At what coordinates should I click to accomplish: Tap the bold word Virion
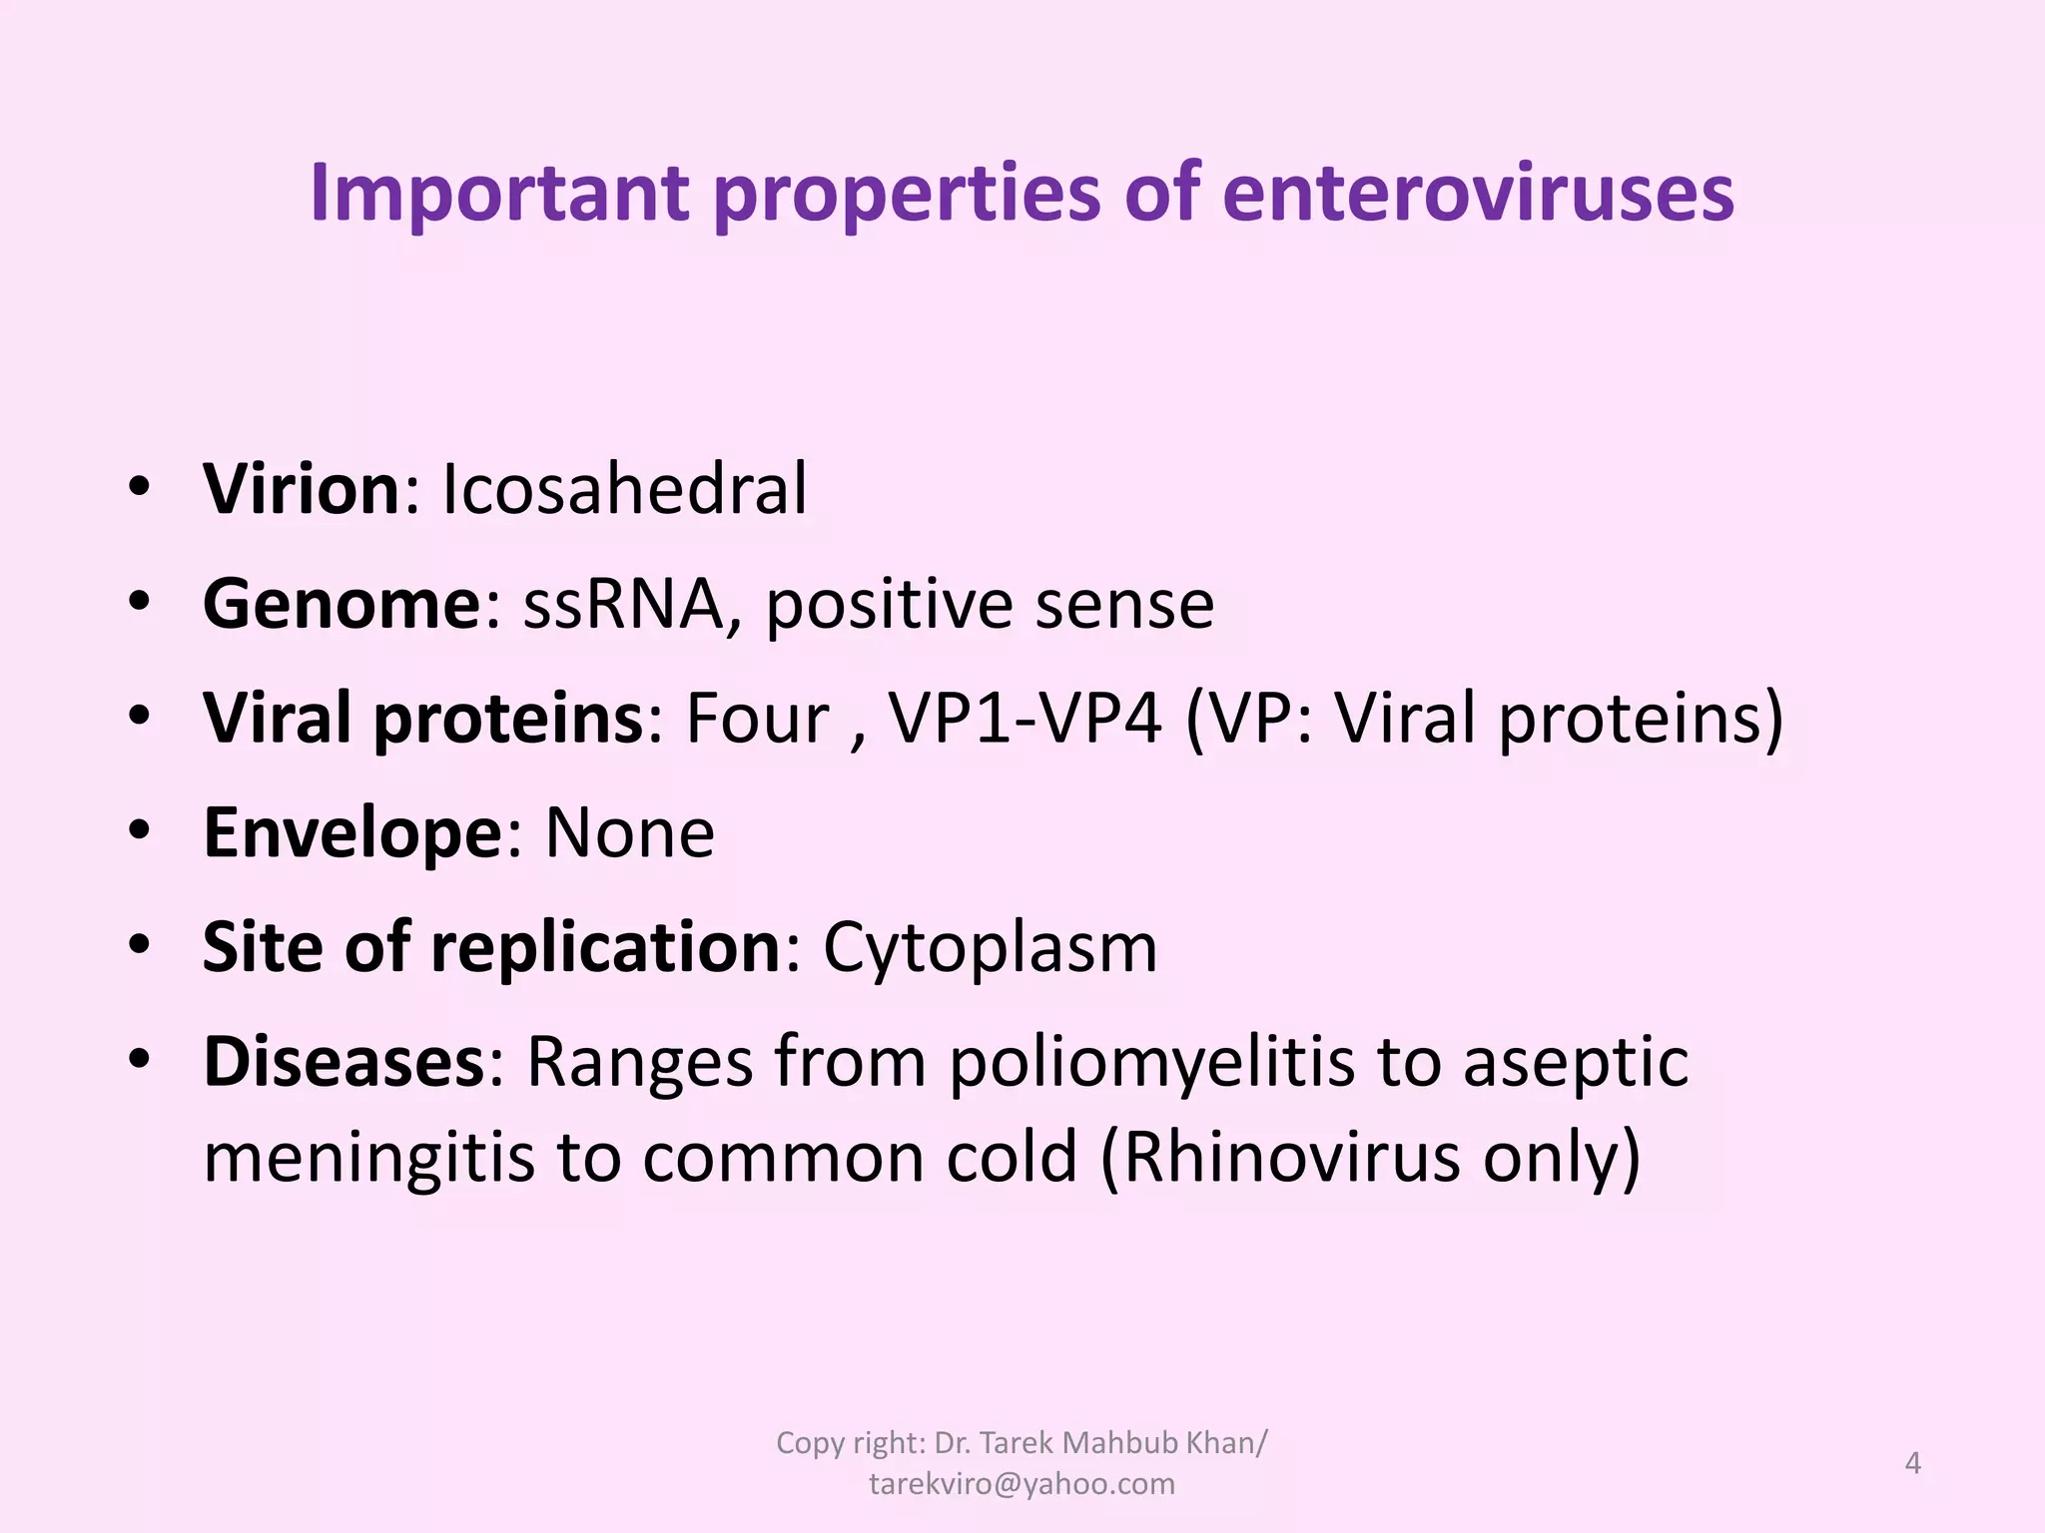pyautogui.click(x=302, y=489)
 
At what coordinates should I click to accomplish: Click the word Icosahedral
pyautogui.click(x=624, y=489)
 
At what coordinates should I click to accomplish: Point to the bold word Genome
pyautogui.click(x=341, y=605)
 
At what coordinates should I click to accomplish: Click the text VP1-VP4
pyautogui.click(x=1025, y=719)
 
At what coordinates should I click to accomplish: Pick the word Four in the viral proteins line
pyautogui.click(x=757, y=719)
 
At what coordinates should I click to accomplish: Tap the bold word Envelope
pyautogui.click(x=351, y=833)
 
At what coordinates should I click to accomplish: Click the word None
pyautogui.click(x=629, y=833)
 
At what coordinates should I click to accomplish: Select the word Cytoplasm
pyautogui.click(x=990, y=948)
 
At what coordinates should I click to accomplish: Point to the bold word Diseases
pyautogui.click(x=343, y=1062)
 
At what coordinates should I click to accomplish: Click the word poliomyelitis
pyautogui.click(x=1151, y=1064)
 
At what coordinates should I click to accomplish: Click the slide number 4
pyautogui.click(x=1912, y=1463)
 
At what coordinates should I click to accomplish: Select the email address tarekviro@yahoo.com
pyautogui.click(x=1022, y=1484)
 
